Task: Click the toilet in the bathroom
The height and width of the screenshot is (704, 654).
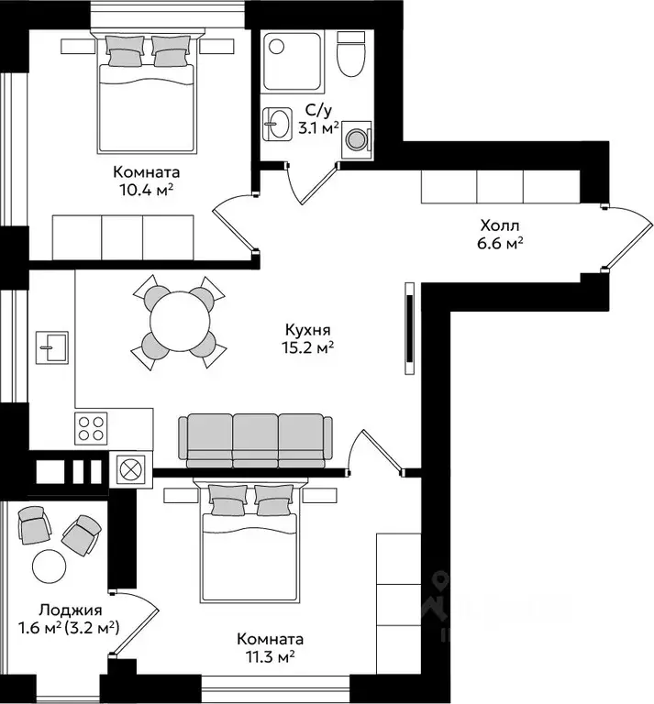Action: [x=350, y=54]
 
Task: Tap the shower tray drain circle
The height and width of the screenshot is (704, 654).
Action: [x=277, y=46]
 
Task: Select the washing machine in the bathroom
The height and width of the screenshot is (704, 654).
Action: [x=357, y=139]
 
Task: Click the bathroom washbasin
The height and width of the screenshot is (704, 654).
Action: [x=276, y=123]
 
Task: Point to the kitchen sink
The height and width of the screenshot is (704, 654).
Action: [x=52, y=347]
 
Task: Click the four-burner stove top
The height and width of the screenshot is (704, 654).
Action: [x=91, y=428]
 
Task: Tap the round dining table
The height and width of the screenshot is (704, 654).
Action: [x=180, y=322]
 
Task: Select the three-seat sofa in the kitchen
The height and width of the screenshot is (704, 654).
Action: [x=255, y=440]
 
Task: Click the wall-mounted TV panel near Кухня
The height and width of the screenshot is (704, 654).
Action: [x=409, y=328]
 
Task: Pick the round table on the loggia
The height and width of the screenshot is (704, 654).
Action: [x=50, y=566]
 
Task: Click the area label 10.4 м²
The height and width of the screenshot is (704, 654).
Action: [x=146, y=190]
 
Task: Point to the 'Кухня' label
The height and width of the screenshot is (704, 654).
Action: [x=308, y=330]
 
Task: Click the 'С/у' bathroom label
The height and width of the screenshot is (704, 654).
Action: [x=318, y=110]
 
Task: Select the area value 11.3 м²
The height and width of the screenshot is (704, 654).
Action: [x=270, y=657]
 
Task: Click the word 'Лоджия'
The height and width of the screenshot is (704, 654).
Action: [x=71, y=610]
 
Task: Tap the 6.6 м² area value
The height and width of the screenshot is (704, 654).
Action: [x=500, y=243]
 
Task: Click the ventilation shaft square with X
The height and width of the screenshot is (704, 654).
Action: [x=131, y=469]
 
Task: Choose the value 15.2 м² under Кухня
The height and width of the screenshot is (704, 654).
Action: [x=308, y=348]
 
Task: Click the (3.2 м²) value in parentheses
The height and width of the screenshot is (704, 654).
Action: [x=93, y=627]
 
